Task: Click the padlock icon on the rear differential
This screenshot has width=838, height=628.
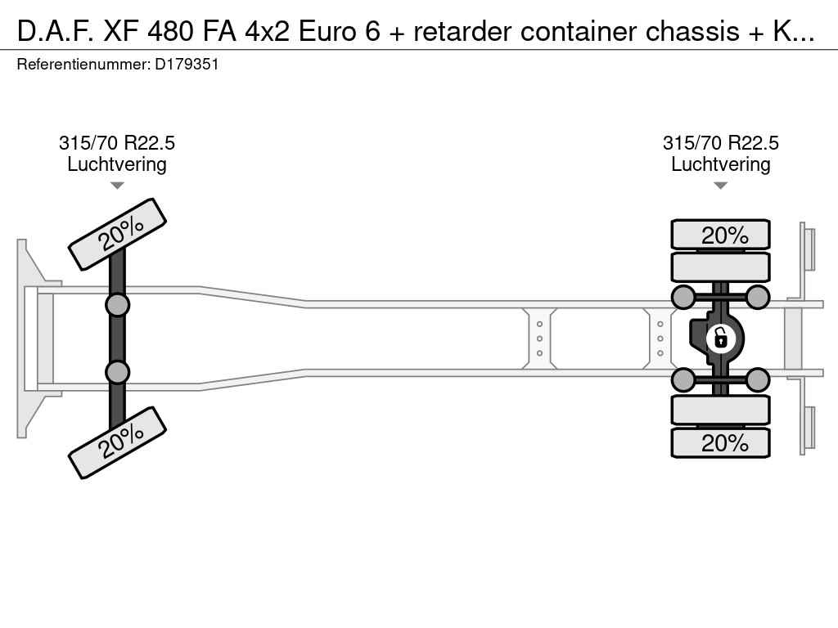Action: (x=720, y=338)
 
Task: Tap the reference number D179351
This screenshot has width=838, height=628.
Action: (x=187, y=64)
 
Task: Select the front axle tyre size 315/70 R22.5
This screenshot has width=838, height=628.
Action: (x=117, y=143)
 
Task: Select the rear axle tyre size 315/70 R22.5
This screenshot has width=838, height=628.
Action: (x=721, y=143)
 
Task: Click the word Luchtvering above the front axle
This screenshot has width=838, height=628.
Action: (x=117, y=164)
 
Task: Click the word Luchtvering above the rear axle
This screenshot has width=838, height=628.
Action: (x=721, y=164)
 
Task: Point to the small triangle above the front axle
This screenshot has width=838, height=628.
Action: (x=117, y=186)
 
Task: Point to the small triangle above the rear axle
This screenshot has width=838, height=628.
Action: (x=721, y=186)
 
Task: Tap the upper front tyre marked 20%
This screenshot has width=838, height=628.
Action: (x=118, y=234)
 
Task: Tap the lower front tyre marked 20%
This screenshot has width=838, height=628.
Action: (x=118, y=442)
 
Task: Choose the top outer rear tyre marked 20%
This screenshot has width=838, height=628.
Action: (x=721, y=235)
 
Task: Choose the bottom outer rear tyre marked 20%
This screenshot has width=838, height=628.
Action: (x=721, y=442)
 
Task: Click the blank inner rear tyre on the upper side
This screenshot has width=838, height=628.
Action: (x=721, y=267)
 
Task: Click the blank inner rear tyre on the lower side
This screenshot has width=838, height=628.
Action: (x=721, y=410)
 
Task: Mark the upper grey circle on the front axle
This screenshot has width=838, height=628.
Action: (x=118, y=305)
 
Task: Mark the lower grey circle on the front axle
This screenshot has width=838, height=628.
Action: (x=118, y=372)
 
